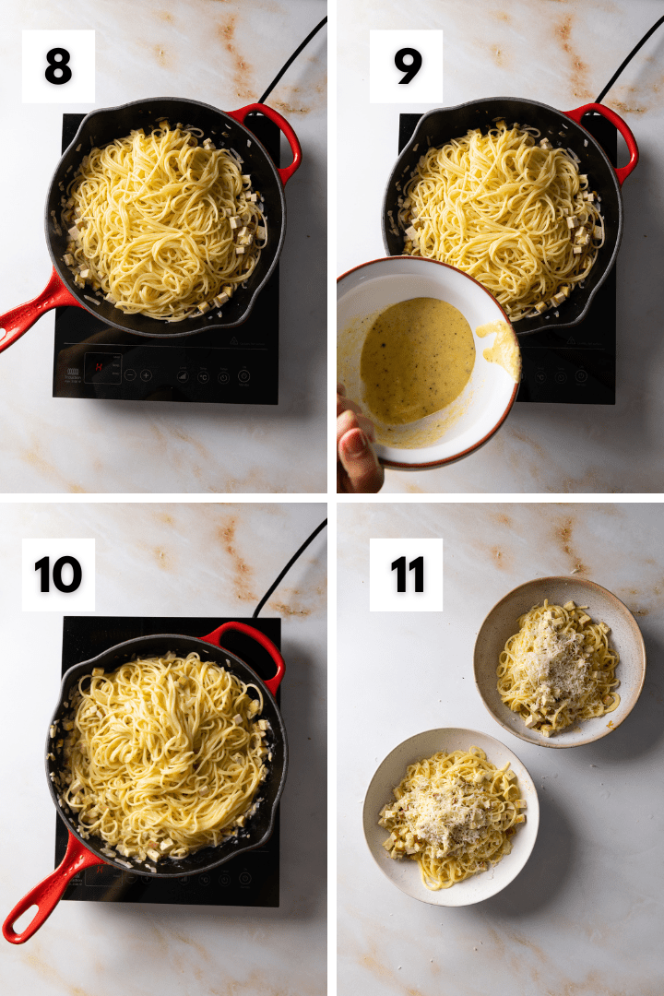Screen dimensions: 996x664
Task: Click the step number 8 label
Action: pyautogui.click(x=58, y=66)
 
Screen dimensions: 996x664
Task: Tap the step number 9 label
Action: pyautogui.click(x=406, y=66)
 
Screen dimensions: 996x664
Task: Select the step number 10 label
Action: pyautogui.click(x=58, y=575)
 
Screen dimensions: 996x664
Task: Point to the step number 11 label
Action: pyautogui.click(x=406, y=575)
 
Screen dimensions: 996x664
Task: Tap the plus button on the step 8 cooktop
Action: pyautogui.click(x=147, y=374)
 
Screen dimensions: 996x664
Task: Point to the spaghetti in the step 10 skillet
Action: pyautogui.click(x=161, y=747)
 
